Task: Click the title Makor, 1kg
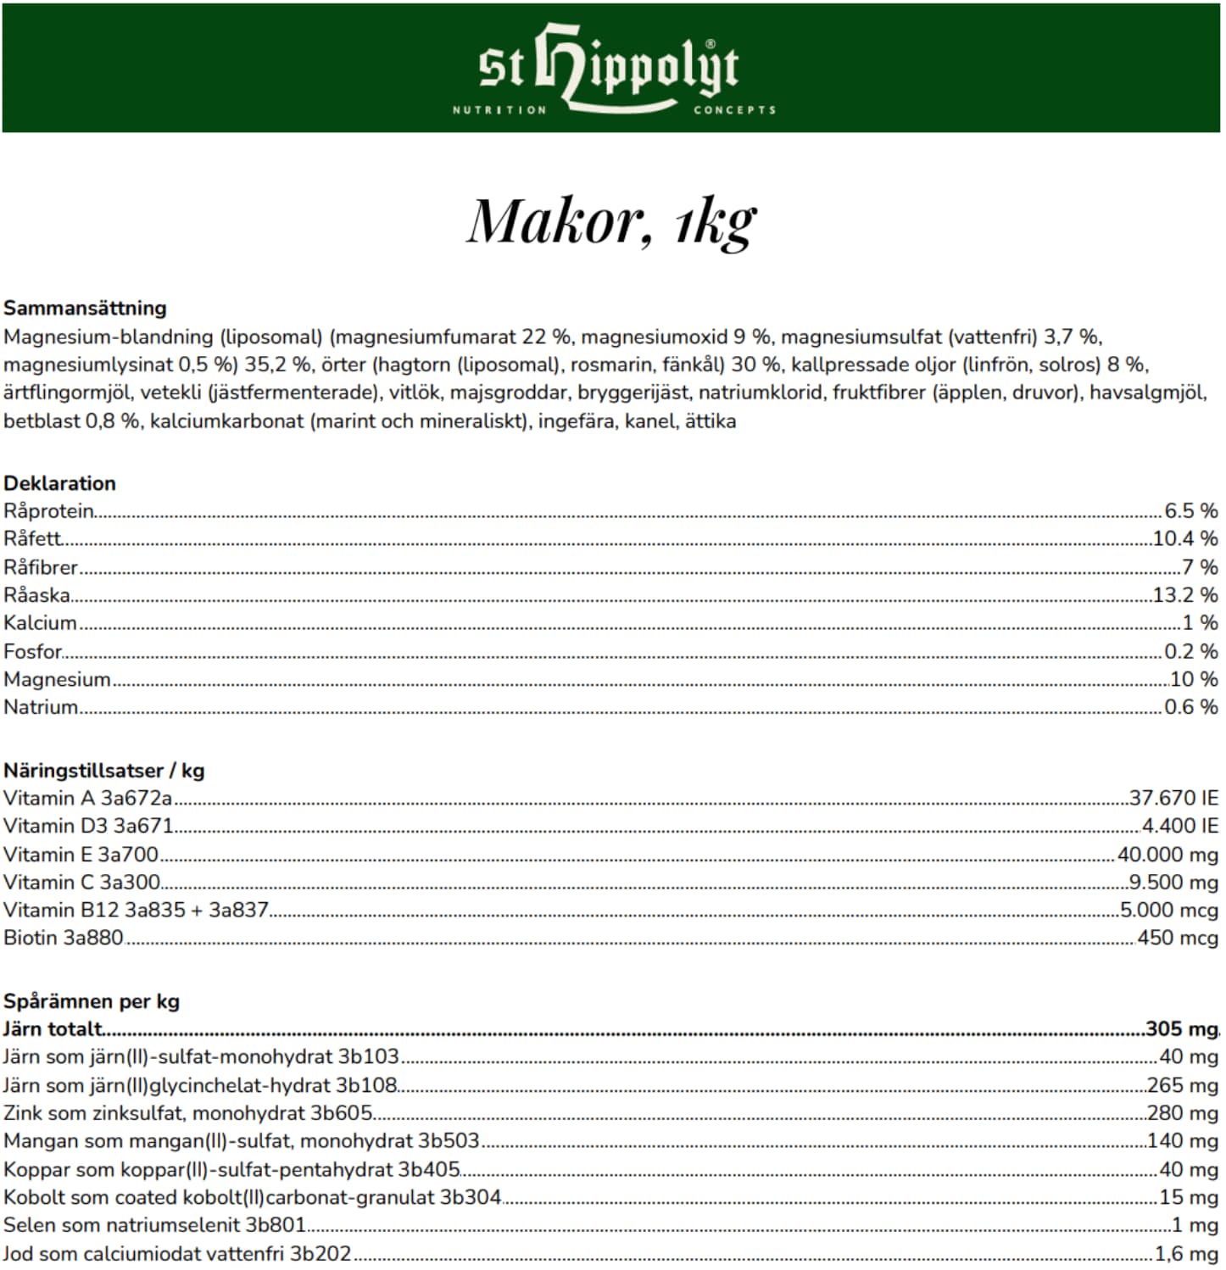click(x=611, y=222)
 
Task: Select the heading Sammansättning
click(x=85, y=308)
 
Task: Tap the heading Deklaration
click(x=59, y=483)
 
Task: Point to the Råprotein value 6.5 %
click(x=1190, y=510)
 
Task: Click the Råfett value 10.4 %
click(x=1184, y=538)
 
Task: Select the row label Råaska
click(x=36, y=595)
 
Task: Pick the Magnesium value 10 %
click(x=1194, y=679)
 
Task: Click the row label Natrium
click(x=41, y=707)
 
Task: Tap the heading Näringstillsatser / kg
click(x=103, y=771)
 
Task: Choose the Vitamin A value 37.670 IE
click(x=1173, y=798)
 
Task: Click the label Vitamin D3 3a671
click(x=88, y=826)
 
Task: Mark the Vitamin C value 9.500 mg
click(x=1173, y=882)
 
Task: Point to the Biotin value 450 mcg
click(x=1178, y=938)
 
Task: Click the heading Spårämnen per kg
click(x=92, y=1001)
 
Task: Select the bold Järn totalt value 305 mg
click(x=1181, y=1029)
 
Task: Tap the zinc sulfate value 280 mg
click(x=1182, y=1113)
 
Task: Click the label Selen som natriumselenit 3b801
click(x=154, y=1225)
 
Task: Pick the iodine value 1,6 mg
click(x=1186, y=1253)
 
